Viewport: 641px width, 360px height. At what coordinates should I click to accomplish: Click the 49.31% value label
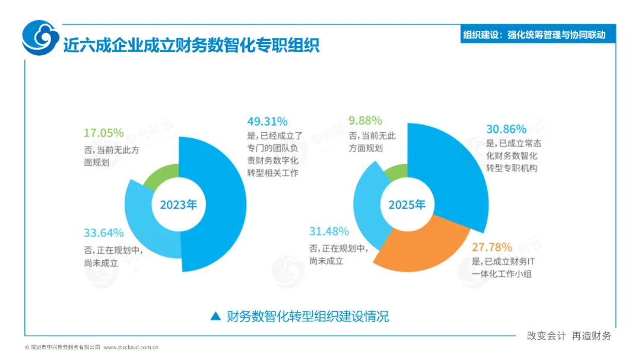click(267, 122)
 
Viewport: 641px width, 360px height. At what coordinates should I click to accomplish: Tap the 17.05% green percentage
click(103, 133)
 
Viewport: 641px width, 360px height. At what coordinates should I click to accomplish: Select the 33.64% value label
click(103, 233)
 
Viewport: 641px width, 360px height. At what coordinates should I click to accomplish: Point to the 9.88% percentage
click(365, 120)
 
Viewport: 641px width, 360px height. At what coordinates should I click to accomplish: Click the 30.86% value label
click(506, 129)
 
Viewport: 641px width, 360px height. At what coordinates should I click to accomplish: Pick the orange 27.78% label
click(492, 247)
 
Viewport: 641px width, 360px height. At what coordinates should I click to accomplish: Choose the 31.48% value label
click(329, 231)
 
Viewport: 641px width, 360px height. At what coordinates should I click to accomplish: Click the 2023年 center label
click(179, 204)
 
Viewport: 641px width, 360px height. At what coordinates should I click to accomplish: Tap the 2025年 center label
click(407, 204)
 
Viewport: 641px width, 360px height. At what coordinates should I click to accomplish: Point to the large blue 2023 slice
click(221, 204)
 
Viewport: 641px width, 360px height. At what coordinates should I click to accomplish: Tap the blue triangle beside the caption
click(215, 316)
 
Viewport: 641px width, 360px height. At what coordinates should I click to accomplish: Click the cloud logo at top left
click(40, 37)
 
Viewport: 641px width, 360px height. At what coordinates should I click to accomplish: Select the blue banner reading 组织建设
click(538, 34)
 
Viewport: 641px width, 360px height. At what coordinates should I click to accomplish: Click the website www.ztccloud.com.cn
click(131, 348)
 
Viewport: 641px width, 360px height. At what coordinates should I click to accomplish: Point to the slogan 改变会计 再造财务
click(569, 336)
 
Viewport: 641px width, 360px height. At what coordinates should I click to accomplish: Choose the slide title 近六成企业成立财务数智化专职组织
click(191, 45)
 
